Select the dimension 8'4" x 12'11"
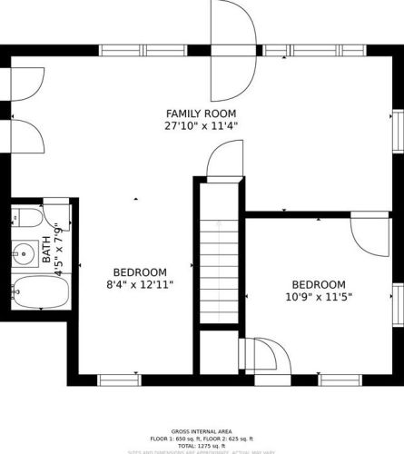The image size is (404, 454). pos(140,284)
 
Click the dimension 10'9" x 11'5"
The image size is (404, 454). pos(318,296)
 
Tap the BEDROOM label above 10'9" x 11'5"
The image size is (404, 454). pos(318,283)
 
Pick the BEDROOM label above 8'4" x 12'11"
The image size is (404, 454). pos(140,272)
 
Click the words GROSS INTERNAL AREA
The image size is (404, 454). pos(202,431)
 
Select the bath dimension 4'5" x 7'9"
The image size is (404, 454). pos(61,249)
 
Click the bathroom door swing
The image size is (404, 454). pos(69,218)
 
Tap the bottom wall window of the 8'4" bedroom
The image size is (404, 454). pos(118,380)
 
